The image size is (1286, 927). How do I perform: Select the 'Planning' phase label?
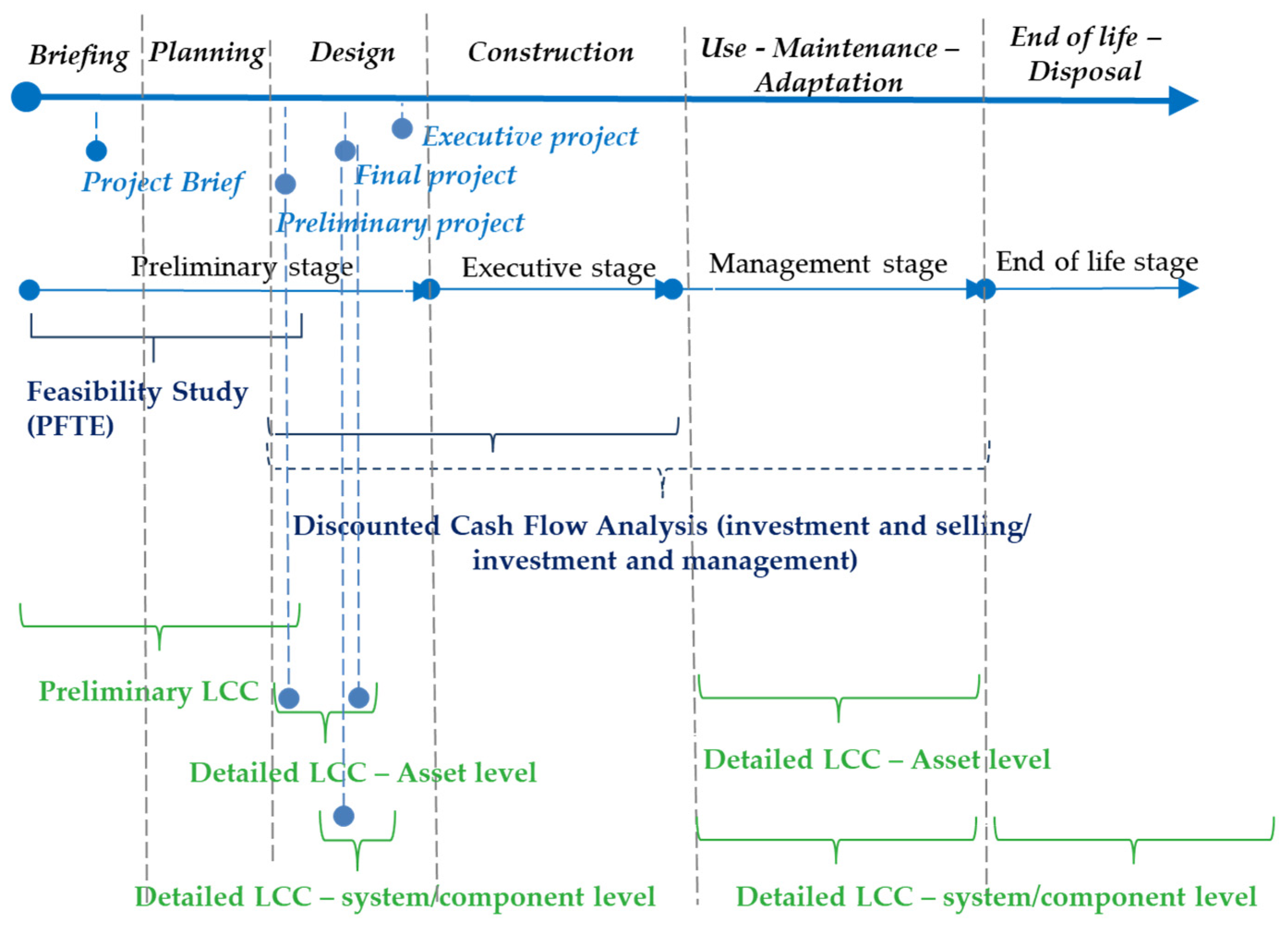[207, 53]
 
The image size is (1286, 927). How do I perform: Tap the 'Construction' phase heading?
[551, 52]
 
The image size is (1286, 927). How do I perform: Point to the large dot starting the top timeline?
[26, 97]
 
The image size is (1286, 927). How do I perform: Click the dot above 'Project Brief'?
[96, 151]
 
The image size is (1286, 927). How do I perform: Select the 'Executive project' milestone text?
[530, 137]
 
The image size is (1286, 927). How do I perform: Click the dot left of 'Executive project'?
[402, 129]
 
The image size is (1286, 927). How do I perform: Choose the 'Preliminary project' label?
[400, 223]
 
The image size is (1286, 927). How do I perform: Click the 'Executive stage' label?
[559, 268]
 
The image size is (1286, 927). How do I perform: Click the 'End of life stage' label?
[1097, 262]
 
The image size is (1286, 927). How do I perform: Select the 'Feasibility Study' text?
[138, 392]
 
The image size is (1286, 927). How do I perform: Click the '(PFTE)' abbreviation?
[70, 426]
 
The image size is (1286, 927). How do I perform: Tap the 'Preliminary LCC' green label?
[149, 691]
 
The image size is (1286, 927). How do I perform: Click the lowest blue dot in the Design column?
[343, 816]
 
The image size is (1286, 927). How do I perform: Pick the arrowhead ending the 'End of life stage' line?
[1187, 288]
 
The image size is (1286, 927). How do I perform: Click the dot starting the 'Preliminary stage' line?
[30, 290]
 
